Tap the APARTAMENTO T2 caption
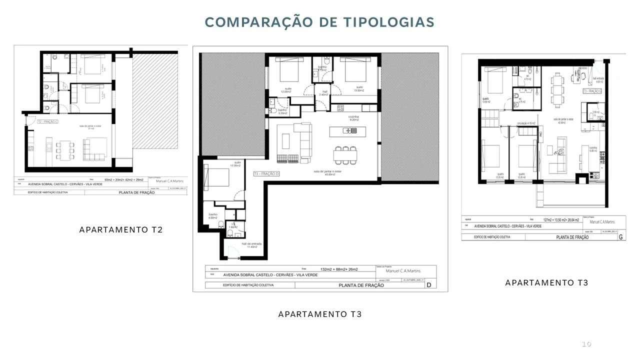coord(121,230)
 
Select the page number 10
coord(586,344)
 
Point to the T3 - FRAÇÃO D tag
coord(266,173)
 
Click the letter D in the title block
coord(428,285)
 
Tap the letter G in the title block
coord(620,237)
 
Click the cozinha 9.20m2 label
coord(354,118)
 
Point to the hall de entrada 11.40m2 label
coord(249,245)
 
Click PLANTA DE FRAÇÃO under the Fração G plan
coord(572,237)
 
